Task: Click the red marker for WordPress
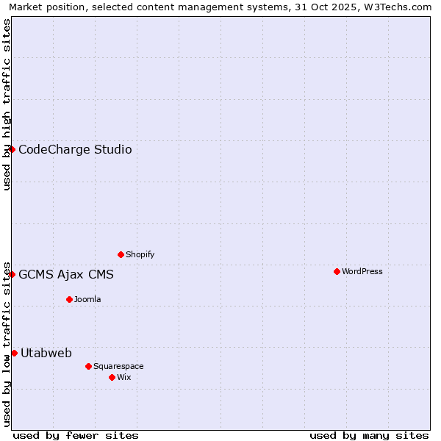coord(337,271)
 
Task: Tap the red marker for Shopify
coord(121,254)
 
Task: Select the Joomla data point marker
coord(69,299)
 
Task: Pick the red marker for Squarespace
coord(88,366)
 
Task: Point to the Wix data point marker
coord(112,377)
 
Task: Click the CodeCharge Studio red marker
coord(12,149)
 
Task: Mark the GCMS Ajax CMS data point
coord(12,274)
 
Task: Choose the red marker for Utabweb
coord(14,353)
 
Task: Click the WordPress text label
coord(362,271)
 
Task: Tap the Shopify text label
coord(140,254)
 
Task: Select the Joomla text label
coord(87,299)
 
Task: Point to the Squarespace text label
coord(118,366)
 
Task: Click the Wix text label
coord(124,377)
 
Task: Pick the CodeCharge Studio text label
coord(75,150)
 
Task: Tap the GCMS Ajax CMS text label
coord(66,275)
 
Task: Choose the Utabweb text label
coord(46,354)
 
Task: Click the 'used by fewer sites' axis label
coord(76,435)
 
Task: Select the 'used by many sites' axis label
coord(369,435)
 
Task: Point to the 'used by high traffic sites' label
coord(7,104)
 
